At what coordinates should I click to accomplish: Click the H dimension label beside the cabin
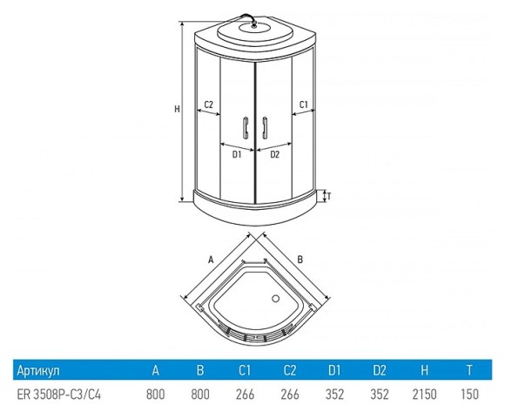(x=177, y=109)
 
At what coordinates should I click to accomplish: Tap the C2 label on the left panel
(x=209, y=105)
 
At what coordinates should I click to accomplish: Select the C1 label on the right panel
(x=304, y=105)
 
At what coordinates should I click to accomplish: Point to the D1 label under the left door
(x=237, y=155)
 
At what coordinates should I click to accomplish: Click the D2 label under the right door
(x=275, y=155)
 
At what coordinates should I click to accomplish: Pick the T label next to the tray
(x=329, y=196)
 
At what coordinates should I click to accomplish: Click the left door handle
(x=246, y=127)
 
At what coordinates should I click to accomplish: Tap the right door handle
(x=265, y=127)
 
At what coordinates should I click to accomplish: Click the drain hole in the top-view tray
(x=275, y=298)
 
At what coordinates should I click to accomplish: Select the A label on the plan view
(x=211, y=260)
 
